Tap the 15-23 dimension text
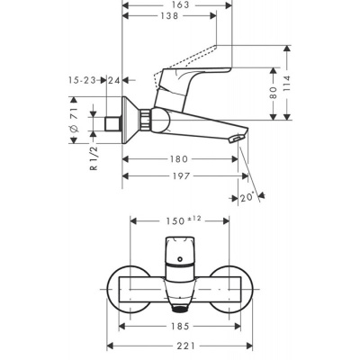click(x=83, y=81)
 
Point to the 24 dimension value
click(x=113, y=81)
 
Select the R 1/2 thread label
click(x=92, y=164)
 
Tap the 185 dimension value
click(x=181, y=328)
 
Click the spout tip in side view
click(x=236, y=138)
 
